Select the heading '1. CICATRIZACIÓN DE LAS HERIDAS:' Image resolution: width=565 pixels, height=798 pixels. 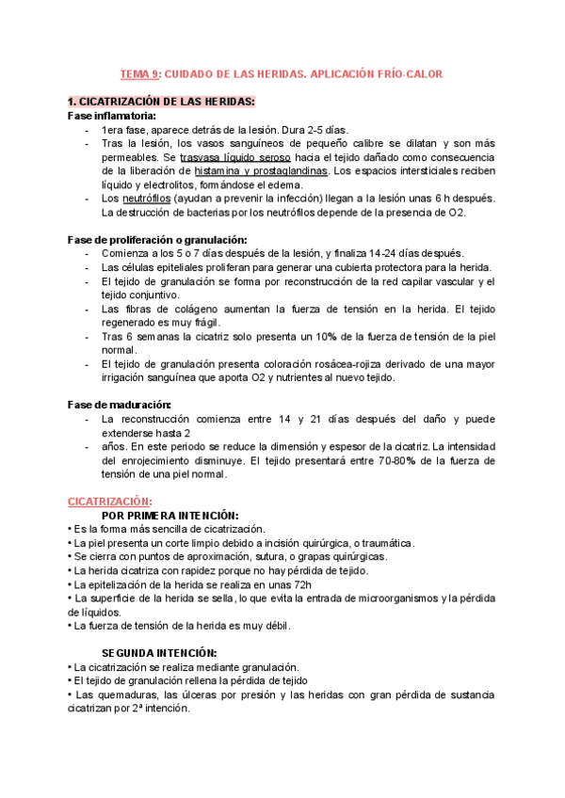(161, 102)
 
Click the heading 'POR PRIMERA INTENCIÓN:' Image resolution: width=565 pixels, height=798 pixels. (169, 516)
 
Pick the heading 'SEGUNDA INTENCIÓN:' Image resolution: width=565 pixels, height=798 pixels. (159, 652)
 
